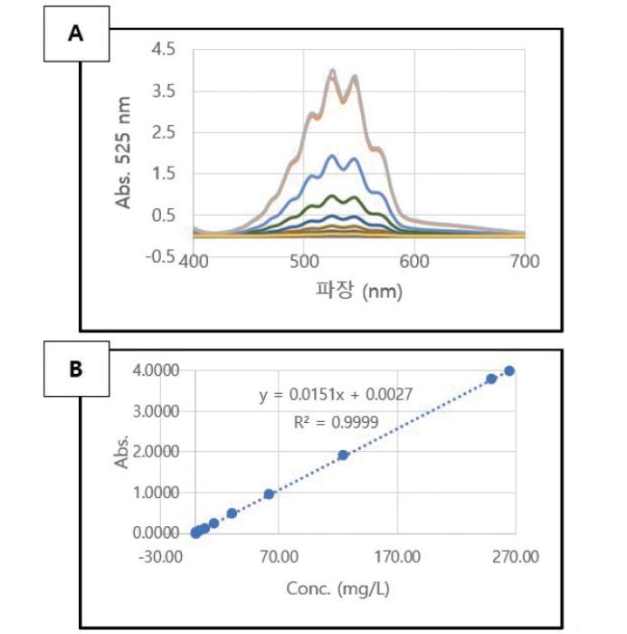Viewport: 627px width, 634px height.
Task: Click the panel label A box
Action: click(x=76, y=34)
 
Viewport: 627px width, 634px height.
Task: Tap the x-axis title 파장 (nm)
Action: click(x=360, y=293)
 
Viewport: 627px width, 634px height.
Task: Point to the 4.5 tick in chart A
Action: click(x=166, y=49)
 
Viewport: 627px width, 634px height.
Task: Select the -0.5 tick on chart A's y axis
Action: click(x=163, y=256)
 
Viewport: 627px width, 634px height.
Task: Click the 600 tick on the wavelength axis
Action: click(x=414, y=262)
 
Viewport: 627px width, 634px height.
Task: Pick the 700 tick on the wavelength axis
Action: click(x=525, y=262)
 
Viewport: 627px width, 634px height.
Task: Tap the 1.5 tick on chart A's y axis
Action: click(x=166, y=174)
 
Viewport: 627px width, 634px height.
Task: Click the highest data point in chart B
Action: click(x=509, y=370)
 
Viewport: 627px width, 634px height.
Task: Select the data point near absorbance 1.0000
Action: click(x=269, y=494)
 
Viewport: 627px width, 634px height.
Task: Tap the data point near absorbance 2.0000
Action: click(x=343, y=455)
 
